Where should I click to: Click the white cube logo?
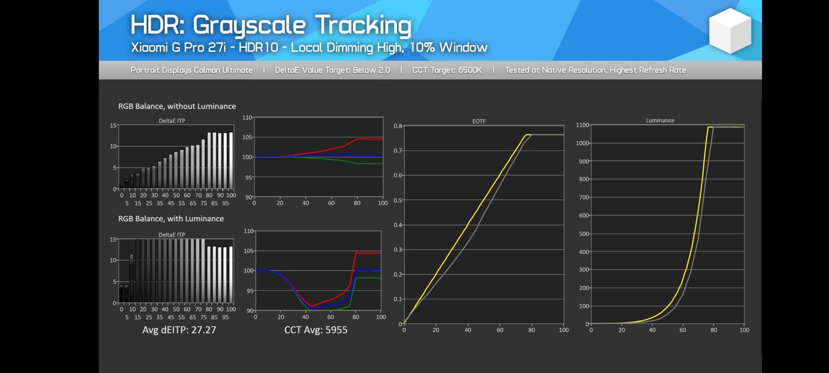coord(730,31)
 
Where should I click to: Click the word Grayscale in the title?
coord(249,26)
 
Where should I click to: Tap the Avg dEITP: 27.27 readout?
coord(179,329)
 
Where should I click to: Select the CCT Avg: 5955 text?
coord(316,329)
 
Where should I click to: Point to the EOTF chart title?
coord(479,121)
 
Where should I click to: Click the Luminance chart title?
coord(660,120)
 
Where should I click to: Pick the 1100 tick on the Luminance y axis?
coord(582,125)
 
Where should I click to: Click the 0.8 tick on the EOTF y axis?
coord(398,126)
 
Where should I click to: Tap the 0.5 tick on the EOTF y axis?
coord(398,200)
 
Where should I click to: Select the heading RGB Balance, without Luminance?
coord(177,106)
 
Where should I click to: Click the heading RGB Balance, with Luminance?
coord(171,219)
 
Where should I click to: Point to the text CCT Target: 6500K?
coord(447,70)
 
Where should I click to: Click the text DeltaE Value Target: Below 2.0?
coord(332,70)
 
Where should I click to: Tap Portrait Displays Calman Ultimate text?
coord(192,70)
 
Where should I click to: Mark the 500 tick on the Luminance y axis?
coord(584,234)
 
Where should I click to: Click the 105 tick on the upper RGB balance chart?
coord(247,137)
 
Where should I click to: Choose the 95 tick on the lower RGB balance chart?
coord(250,291)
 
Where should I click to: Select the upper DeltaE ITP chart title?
coord(172,121)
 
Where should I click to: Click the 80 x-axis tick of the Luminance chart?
coord(713,330)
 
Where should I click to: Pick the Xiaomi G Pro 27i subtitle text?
coord(178,48)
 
